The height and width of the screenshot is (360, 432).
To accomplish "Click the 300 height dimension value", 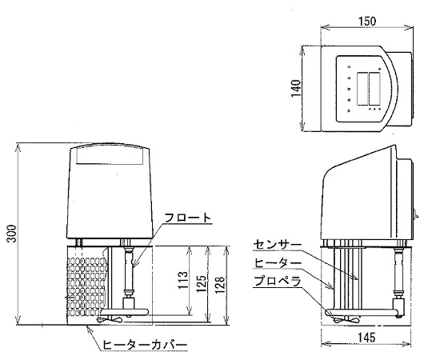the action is (12, 234).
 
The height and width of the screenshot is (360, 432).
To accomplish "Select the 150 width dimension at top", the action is (367, 21).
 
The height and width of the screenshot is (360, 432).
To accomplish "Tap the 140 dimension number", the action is (296, 88).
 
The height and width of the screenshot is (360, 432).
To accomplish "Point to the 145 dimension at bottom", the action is (366, 337).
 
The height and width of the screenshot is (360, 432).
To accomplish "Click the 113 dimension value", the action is (182, 280).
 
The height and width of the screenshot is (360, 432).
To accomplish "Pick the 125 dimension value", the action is (202, 283).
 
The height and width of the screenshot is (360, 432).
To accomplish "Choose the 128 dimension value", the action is (221, 285).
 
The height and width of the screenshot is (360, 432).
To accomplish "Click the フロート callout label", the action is (188, 218).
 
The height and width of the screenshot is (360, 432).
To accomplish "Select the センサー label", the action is (278, 244).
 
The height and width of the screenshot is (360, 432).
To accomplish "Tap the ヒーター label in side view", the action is (278, 263).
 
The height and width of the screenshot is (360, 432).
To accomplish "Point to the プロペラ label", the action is (278, 282).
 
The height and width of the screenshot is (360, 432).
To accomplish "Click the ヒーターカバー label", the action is (145, 344).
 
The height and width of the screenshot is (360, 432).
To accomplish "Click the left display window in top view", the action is (362, 89).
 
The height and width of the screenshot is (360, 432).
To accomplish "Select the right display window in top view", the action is (374, 89).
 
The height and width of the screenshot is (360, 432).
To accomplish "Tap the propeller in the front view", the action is (110, 319).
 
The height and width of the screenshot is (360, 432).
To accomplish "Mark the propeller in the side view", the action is (346, 320).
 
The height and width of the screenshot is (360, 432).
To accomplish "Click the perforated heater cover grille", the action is (86, 286).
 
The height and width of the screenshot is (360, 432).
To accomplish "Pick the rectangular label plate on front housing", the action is (110, 156).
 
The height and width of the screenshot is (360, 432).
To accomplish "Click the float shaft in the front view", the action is (129, 271).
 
